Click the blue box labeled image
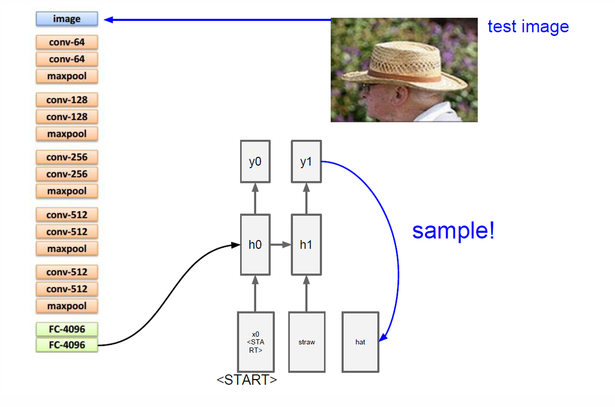pos(67,19)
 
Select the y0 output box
pos(255,161)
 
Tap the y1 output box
pos(306,161)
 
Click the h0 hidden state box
pos(255,245)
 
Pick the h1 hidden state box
pos(306,245)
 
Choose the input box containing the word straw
pos(307,342)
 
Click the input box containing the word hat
pos(360,342)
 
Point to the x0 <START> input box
pos(256,342)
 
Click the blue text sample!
pos(453,231)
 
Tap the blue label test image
pos(528,26)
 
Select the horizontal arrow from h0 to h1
pos(280,245)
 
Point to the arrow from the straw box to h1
pos(306,293)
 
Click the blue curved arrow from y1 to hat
pos(397,253)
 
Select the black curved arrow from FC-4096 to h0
pos(172,301)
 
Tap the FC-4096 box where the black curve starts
pos(67,345)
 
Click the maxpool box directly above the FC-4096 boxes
pos(67,306)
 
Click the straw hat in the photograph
pos(409,65)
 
